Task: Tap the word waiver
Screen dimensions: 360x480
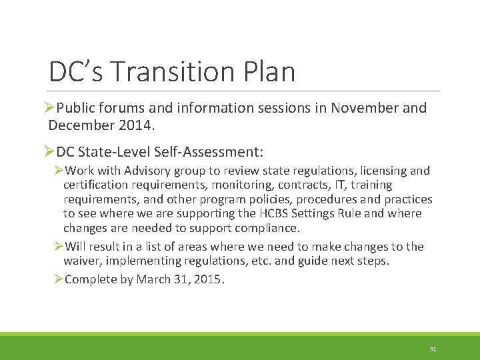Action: (x=81, y=261)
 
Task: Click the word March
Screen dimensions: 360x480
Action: (x=153, y=279)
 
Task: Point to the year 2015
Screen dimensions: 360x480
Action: (x=208, y=279)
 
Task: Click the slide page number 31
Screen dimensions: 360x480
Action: (x=433, y=349)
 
